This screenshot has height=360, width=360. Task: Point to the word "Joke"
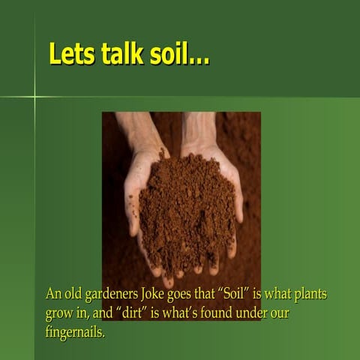click(175, 295)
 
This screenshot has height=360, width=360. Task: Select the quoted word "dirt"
click(146, 313)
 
